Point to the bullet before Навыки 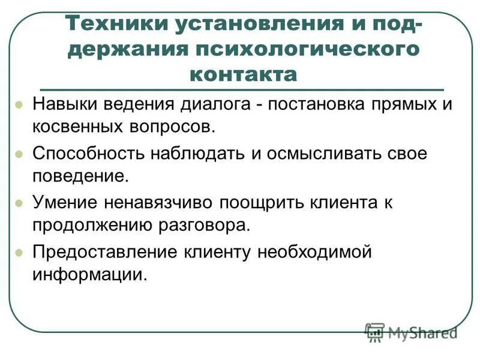[x=19, y=104]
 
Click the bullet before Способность [x=19, y=154]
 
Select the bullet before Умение [x=19, y=203]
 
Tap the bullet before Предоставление [x=19, y=252]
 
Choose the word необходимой [x=315, y=251]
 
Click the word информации [x=89, y=275]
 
